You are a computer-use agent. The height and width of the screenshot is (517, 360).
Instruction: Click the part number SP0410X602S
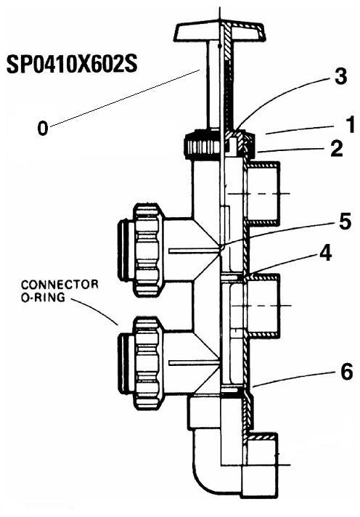point(72,64)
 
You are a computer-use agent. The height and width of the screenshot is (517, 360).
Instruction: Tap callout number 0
point(43,128)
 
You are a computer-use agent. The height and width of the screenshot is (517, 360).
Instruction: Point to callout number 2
point(337,148)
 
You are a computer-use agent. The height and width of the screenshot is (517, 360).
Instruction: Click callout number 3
point(340,76)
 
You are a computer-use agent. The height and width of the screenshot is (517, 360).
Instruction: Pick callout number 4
point(325,253)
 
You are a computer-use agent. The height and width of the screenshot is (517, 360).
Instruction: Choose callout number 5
point(345,222)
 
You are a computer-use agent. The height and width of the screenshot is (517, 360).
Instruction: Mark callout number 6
point(346,373)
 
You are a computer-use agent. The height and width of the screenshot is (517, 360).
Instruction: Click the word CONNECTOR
point(60,285)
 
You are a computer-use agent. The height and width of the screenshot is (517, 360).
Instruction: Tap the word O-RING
point(44,298)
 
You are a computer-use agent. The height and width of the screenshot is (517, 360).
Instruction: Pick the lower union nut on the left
point(148,362)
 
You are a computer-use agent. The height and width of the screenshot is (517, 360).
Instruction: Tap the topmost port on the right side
point(263,193)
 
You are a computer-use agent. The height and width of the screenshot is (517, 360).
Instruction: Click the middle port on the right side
point(263,306)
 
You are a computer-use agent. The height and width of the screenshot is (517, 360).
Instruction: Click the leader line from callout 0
point(125,97)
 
